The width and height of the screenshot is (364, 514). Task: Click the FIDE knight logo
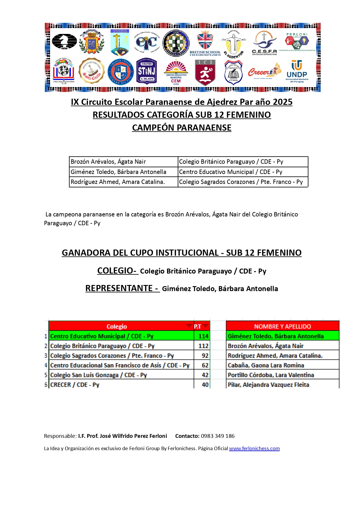[x=64, y=42]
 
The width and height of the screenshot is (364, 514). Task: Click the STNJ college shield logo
[x=147, y=71]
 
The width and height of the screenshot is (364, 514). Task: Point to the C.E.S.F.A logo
[x=264, y=43]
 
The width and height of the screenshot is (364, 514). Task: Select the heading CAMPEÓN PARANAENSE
[x=182, y=128]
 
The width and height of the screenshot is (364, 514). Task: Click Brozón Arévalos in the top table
[x=108, y=162]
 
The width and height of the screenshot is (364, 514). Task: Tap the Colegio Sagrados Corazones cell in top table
[x=241, y=182]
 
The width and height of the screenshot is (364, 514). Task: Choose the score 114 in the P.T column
[x=203, y=336]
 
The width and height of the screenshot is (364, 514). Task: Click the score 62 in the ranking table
[x=205, y=365]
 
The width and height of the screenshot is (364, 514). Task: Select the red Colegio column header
[x=117, y=326]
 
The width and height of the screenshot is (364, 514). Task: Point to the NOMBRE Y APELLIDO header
[x=283, y=326]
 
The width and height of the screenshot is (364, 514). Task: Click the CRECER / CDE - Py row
[x=75, y=385]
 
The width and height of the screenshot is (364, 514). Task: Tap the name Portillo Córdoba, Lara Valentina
[x=271, y=375]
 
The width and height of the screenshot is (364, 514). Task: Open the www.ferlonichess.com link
[x=254, y=448]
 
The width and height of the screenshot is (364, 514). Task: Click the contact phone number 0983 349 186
[x=218, y=436]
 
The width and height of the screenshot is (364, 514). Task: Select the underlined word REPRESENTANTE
[x=119, y=288]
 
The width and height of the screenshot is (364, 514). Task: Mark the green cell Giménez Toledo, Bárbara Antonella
[x=276, y=336]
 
